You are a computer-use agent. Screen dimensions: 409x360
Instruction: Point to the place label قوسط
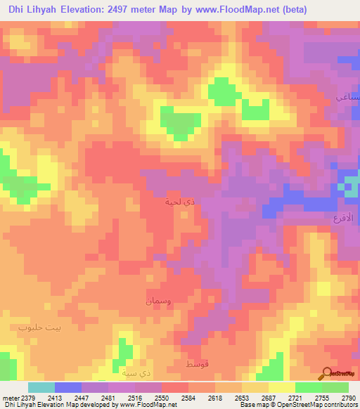tap(197, 365)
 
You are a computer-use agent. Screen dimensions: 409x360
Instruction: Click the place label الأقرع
tap(345, 219)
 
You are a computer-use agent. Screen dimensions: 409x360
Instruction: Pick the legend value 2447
tap(82, 397)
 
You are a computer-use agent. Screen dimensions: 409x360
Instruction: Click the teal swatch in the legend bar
tap(41, 387)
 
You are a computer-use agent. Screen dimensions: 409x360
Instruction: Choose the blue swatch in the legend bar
tap(68, 387)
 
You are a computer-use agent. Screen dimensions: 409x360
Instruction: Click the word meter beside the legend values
tap(10, 397)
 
